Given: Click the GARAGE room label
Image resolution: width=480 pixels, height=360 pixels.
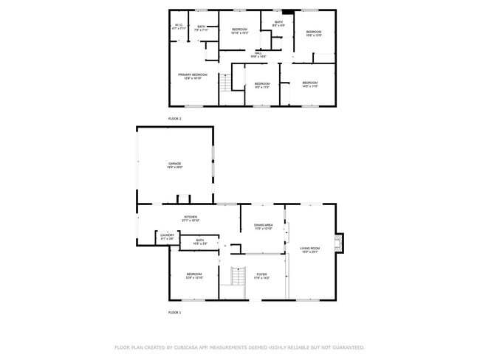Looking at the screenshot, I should [174, 164].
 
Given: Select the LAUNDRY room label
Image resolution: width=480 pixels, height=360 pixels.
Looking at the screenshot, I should [167, 236].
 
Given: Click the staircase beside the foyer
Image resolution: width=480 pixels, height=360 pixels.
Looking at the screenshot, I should [237, 277].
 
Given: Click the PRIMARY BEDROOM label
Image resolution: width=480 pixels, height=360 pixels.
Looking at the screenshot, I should [192, 75].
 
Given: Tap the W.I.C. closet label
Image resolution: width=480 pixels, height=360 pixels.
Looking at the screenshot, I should [179, 26].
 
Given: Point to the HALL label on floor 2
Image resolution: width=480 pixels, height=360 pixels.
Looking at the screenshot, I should [258, 54].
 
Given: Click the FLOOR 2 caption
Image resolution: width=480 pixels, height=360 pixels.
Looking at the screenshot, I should [174, 118].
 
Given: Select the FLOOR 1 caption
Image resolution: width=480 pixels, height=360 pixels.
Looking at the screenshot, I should [174, 313].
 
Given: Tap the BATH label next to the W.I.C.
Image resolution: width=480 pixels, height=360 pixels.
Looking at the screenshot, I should [202, 27].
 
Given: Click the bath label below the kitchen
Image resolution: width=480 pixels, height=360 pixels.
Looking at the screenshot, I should [199, 240].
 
